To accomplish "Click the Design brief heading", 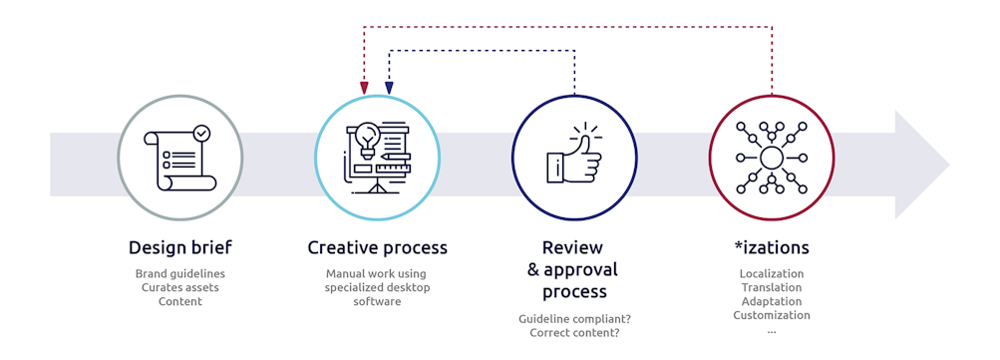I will coord(179,247).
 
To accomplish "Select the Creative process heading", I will coord(377,247).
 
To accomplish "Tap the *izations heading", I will coord(771,247).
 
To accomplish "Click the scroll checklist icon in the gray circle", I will coord(179,158).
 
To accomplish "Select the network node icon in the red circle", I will coord(771,158).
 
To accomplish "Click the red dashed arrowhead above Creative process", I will coord(364,88).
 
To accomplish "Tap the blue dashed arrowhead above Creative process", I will coord(389,88).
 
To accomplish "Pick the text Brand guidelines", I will coord(179,273).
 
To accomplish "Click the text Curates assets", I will coord(179,287).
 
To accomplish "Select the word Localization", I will coord(771,273).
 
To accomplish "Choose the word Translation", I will coord(771,287).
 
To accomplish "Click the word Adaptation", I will coord(771,301).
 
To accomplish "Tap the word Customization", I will coord(771,315).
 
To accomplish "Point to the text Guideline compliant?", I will coord(573,318).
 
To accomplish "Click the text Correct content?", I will coord(573,332).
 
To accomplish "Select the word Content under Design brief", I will coord(179,301).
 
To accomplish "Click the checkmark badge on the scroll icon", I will coord(201,132).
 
